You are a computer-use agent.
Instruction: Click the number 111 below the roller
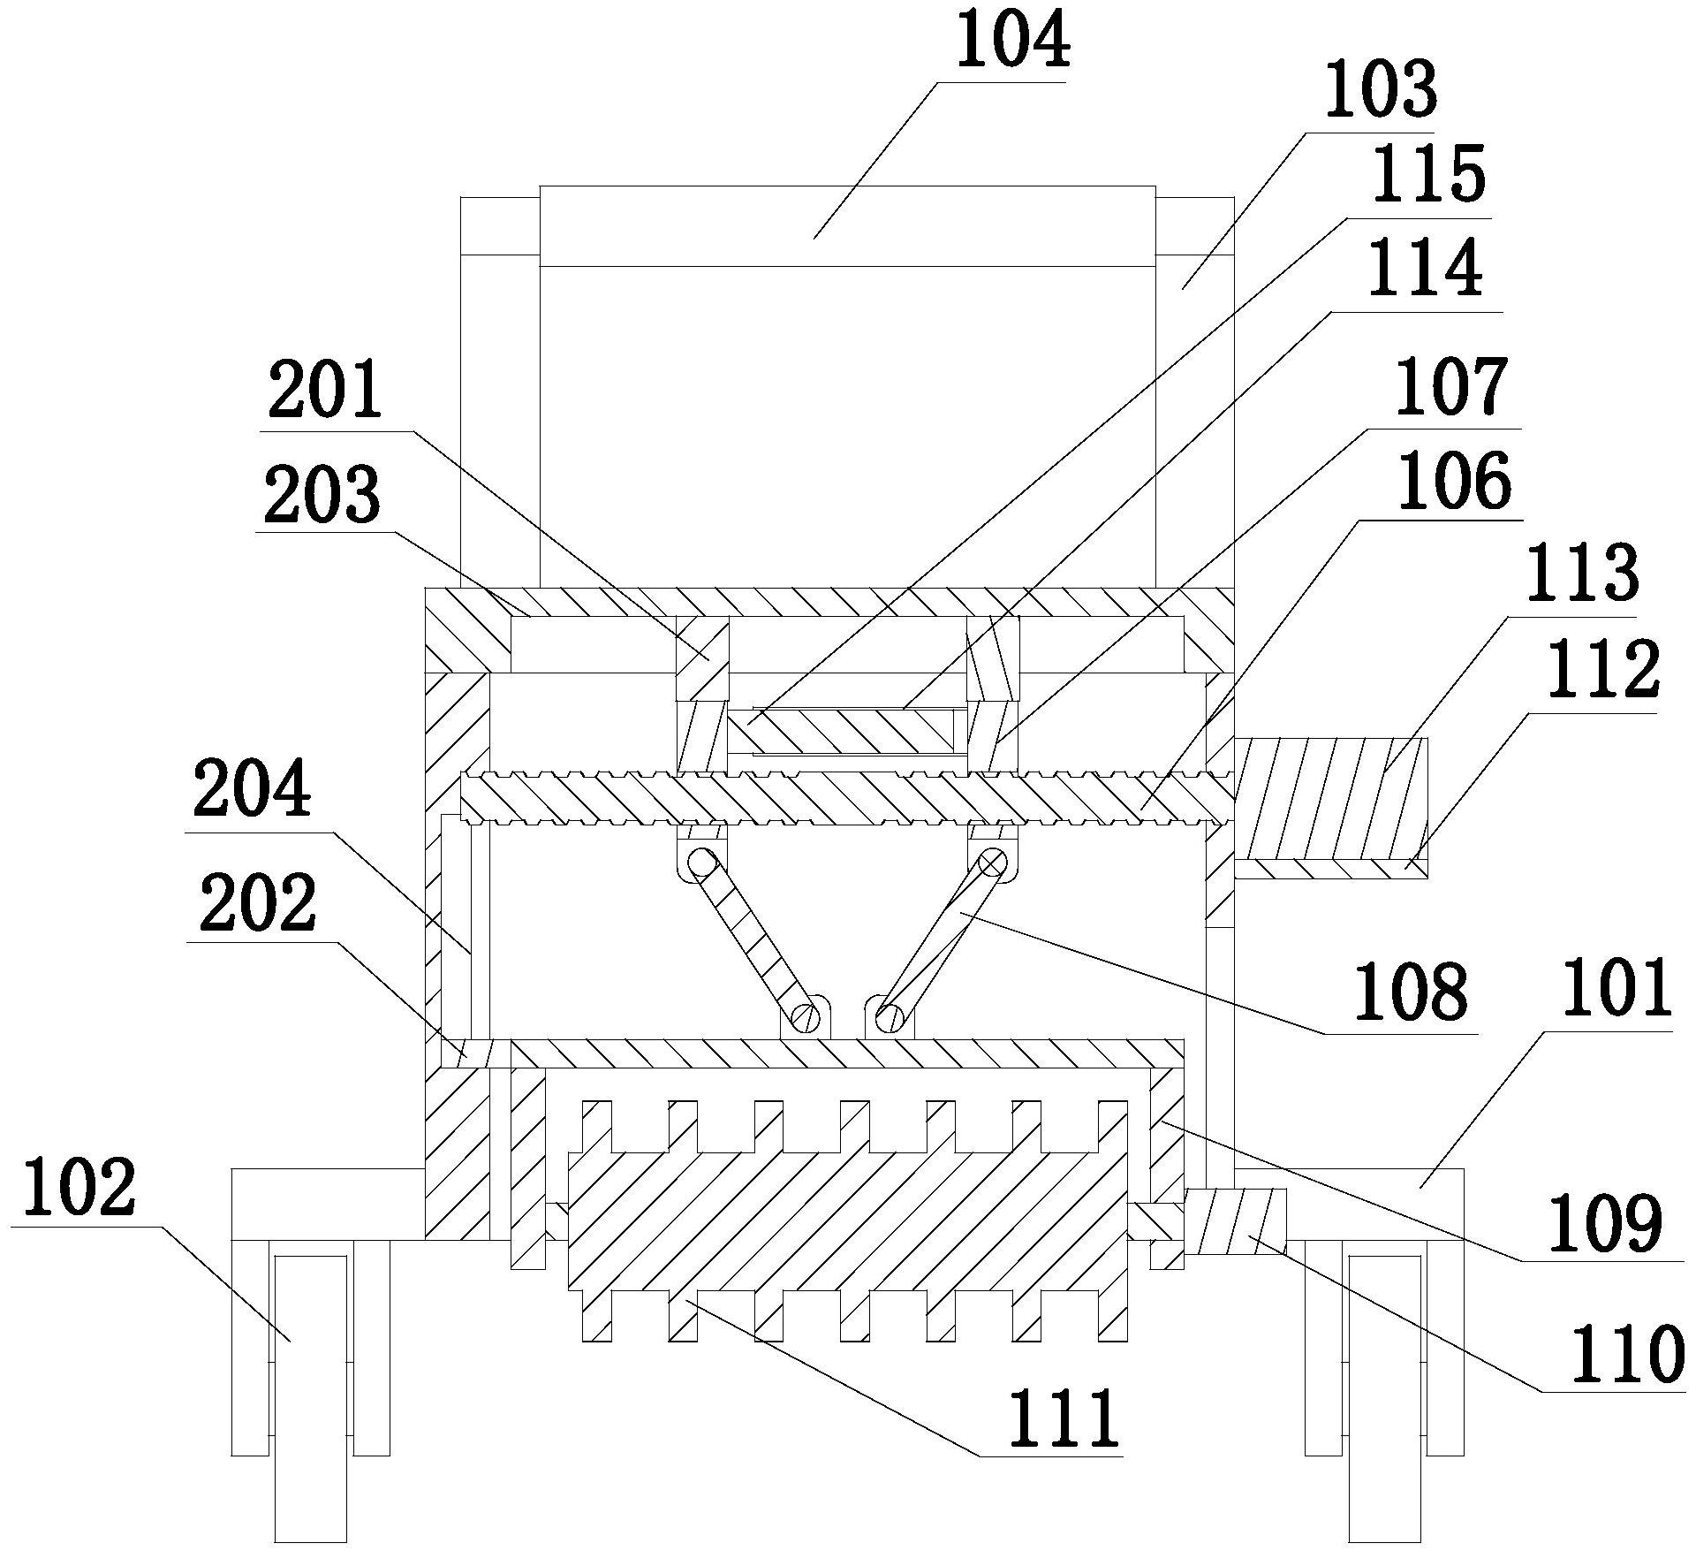[x=1064, y=1418]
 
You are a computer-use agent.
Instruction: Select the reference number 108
[x=1412, y=993]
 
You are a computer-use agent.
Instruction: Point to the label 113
[x=1585, y=577]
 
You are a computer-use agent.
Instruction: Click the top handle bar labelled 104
[x=847, y=225]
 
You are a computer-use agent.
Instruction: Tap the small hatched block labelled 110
[x=1235, y=1221]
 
